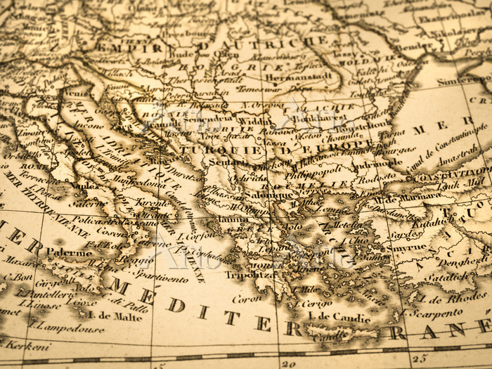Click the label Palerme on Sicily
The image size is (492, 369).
(70, 252)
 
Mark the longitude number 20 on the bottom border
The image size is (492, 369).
(288, 363)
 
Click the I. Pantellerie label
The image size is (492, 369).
(40, 293)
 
